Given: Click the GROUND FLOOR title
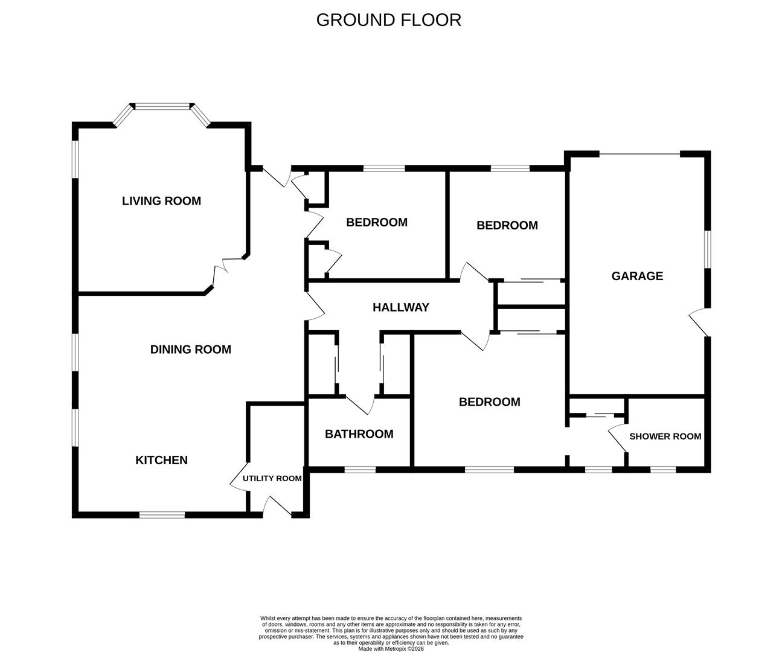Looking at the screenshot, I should pyautogui.click(x=388, y=20).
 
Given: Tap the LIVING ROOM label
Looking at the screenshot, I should pyautogui.click(x=161, y=201).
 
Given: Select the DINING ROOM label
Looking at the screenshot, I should pyautogui.click(x=190, y=350).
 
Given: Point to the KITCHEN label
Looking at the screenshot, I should pyautogui.click(x=161, y=460).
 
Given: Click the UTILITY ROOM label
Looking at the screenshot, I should pyautogui.click(x=272, y=478).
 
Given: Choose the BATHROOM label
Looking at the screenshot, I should pyautogui.click(x=359, y=434).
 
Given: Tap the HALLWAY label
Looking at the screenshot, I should pyautogui.click(x=400, y=307).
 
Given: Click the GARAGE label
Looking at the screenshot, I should pyautogui.click(x=637, y=276).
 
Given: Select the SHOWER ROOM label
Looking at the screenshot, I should pyautogui.click(x=665, y=436).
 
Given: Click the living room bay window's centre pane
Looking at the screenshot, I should pyautogui.click(x=162, y=107).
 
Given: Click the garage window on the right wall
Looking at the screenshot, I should pyautogui.click(x=707, y=248).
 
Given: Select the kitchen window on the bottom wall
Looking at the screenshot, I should pyautogui.click(x=162, y=515).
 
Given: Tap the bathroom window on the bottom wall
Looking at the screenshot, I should pyautogui.click(x=359, y=469).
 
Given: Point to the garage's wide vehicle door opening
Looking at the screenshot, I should pyautogui.click(x=639, y=155).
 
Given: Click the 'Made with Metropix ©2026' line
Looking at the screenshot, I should pyautogui.click(x=391, y=649).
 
